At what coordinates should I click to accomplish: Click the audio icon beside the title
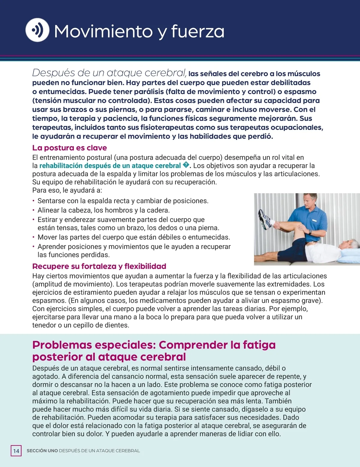(x=37, y=30)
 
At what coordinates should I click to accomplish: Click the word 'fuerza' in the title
(x=198, y=31)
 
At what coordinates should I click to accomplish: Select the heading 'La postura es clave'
(x=70, y=148)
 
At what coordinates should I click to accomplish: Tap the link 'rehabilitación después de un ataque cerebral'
(x=110, y=166)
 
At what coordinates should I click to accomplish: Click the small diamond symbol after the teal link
(x=186, y=165)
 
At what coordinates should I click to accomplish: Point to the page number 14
(x=16, y=451)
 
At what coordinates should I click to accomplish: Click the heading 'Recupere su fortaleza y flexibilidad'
(x=99, y=266)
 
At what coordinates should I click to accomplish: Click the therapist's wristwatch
(x=310, y=232)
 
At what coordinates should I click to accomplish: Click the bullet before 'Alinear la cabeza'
(x=34, y=210)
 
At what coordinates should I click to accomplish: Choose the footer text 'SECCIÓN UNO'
(x=42, y=451)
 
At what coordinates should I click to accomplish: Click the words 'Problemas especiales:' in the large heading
(x=94, y=345)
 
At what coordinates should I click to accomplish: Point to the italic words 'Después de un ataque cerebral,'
(x=109, y=73)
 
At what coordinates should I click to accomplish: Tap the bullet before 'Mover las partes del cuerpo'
(x=34, y=237)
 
